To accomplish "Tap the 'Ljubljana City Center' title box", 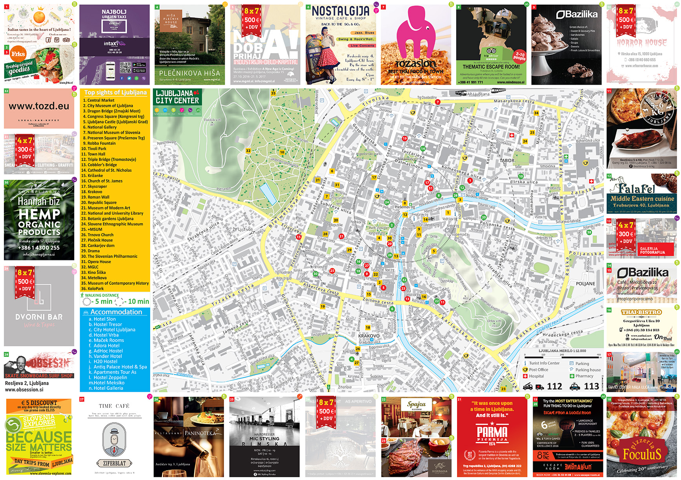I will click(177, 97).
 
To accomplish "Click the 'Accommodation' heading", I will click(116, 312).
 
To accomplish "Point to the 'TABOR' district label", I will click(507, 160).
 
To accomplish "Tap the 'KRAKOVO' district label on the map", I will click(369, 336).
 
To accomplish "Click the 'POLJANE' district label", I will click(585, 284).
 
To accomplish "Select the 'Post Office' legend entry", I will click(538, 370).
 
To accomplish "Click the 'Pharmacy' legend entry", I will click(584, 376).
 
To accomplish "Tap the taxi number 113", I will click(591, 386).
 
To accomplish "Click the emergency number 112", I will click(554, 386).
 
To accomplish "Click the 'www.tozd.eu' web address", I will click(39, 106).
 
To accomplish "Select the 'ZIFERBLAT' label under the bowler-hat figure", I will click(114, 463).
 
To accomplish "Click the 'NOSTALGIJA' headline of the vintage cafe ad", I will click(340, 11).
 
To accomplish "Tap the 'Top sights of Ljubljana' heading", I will click(115, 93).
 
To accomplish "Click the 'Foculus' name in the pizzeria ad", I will click(642, 455).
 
